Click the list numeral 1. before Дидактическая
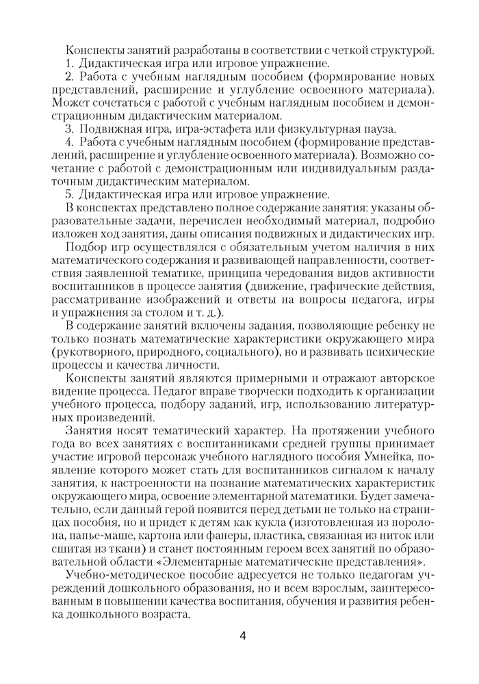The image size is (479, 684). tap(69, 63)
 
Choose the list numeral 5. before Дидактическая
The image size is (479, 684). tap(69, 194)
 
